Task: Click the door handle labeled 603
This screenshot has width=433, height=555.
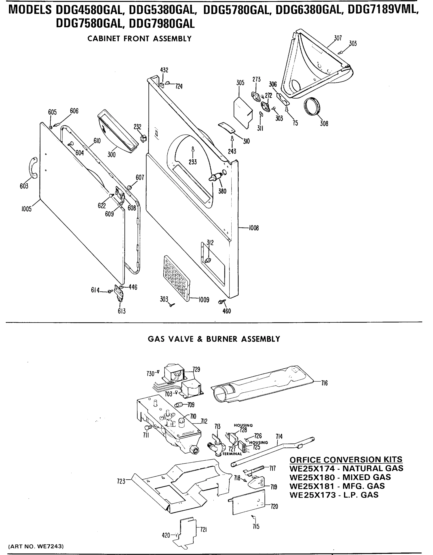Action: tap(33, 168)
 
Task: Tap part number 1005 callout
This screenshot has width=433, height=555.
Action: tap(26, 209)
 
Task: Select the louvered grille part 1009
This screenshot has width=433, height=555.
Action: tap(176, 278)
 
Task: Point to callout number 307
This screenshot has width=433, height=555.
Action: tap(338, 38)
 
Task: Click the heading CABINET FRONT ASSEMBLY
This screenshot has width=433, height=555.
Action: tap(139, 39)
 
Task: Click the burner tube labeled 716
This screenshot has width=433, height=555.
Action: tap(262, 388)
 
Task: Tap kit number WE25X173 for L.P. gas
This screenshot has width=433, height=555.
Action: tap(313, 495)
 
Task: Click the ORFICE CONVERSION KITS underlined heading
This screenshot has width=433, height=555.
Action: tap(346, 459)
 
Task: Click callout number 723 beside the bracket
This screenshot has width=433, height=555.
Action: tap(121, 481)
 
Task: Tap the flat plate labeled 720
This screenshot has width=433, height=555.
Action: tap(249, 502)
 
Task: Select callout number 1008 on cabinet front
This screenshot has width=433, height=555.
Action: tap(254, 228)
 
